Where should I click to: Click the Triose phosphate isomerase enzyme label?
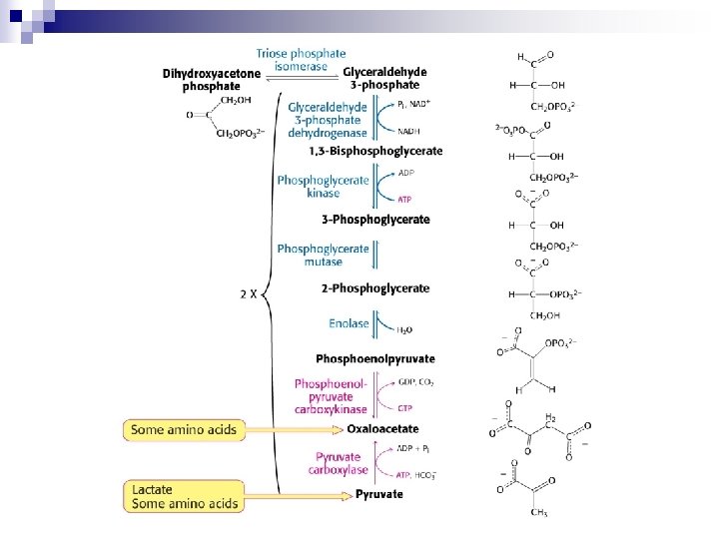(x=301, y=60)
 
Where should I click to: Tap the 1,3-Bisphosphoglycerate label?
(x=375, y=151)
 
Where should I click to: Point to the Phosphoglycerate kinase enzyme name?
(x=323, y=186)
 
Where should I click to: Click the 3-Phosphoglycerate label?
(x=375, y=220)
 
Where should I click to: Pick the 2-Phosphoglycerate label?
(x=375, y=288)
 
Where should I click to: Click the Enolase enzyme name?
(x=349, y=323)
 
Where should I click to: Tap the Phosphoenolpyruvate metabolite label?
(x=375, y=358)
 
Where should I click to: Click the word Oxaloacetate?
(x=383, y=429)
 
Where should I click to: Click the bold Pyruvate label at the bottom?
(x=379, y=494)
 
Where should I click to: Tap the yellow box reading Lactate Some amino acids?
(x=186, y=496)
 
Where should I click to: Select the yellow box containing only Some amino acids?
(x=186, y=429)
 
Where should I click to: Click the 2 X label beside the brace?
(x=249, y=294)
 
